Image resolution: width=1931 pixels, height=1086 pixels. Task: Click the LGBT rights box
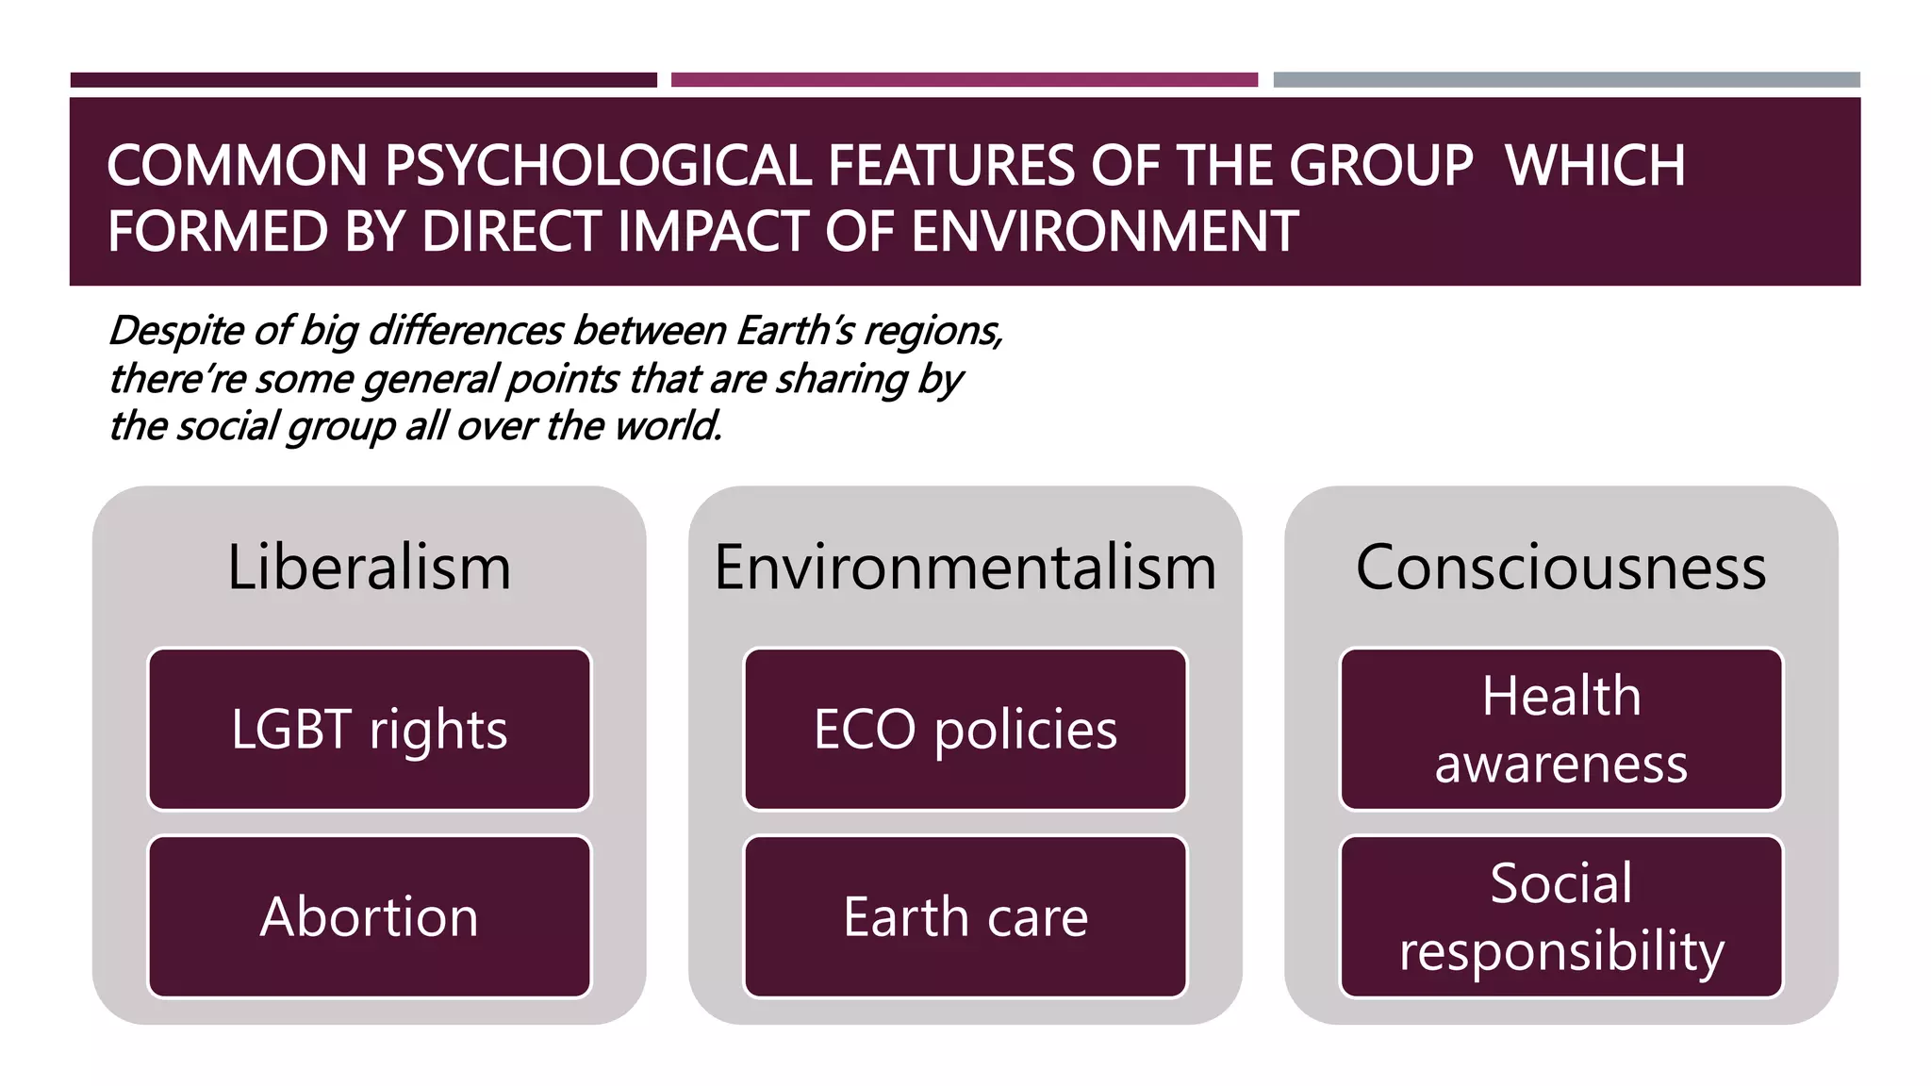point(370,729)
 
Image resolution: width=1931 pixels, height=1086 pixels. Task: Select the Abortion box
point(370,916)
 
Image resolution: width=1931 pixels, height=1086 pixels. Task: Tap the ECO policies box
point(965,729)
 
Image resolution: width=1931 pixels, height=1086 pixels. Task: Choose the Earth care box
point(965,916)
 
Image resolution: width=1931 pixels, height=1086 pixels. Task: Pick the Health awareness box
point(1561,729)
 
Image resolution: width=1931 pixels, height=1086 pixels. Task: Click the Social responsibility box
point(1561,916)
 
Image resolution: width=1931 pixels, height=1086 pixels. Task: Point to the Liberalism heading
point(370,568)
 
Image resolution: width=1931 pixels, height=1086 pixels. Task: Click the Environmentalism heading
point(965,568)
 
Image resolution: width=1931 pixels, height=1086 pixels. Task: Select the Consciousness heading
point(1561,568)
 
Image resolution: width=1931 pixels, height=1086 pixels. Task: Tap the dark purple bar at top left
point(364,80)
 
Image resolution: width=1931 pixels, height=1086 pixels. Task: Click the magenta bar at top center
point(965,80)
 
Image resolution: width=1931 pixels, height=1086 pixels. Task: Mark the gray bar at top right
point(1566,80)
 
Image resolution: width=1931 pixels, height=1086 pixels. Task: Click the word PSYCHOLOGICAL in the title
point(598,166)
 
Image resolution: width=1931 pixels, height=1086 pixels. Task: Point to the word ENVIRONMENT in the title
point(1105,232)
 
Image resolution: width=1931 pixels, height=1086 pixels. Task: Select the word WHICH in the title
point(1595,166)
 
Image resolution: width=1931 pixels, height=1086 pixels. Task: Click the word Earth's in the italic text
point(796,331)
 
